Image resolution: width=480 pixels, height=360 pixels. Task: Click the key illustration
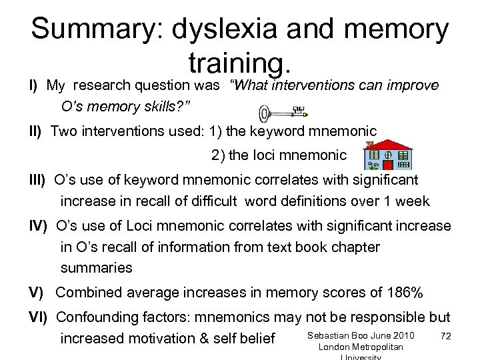pos(281,111)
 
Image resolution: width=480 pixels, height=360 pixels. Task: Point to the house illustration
pos(388,155)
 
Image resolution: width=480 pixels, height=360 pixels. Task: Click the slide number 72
pos(445,335)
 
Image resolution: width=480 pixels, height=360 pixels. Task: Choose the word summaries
pos(96,268)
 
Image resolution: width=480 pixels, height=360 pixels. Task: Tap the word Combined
pos(86,292)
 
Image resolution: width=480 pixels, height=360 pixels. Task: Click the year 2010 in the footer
pos(403,335)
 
